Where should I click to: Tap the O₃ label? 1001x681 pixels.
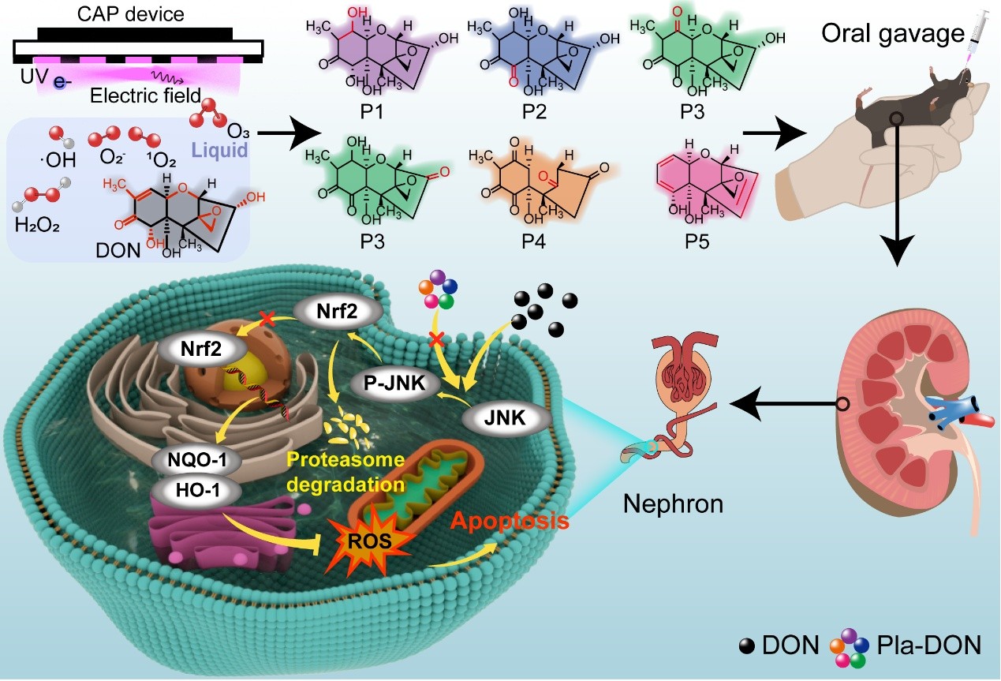[x=238, y=129]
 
